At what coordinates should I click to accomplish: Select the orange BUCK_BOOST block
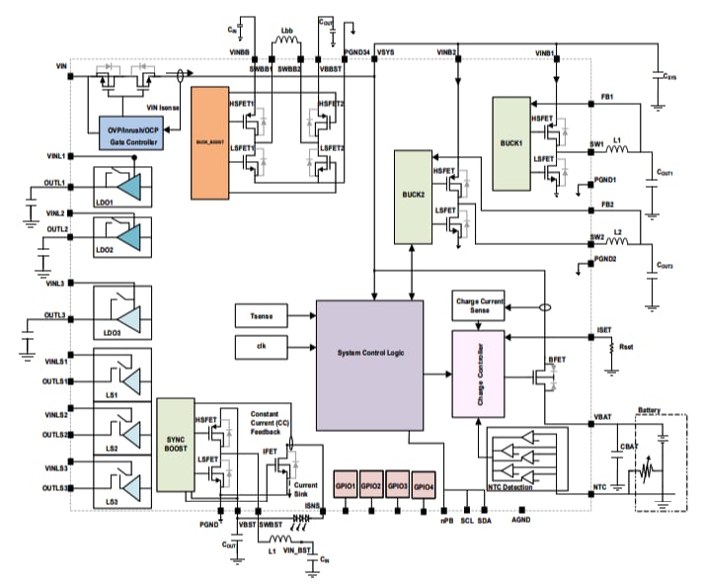tap(210, 143)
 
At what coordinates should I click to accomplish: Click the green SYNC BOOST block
tap(177, 445)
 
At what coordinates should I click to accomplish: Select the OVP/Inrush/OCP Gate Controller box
tap(135, 134)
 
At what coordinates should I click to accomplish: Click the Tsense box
tap(263, 315)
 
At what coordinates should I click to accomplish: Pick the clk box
tap(263, 348)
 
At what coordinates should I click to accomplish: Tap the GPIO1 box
tap(347, 487)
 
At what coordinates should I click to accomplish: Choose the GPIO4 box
tap(424, 487)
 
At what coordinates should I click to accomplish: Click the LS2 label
tap(111, 449)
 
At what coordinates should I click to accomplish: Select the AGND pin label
tap(521, 519)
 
